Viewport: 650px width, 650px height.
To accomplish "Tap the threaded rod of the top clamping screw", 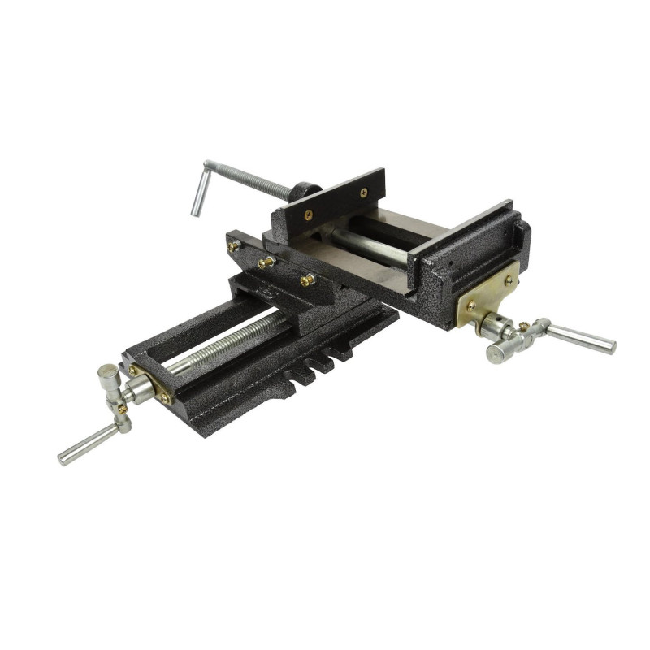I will [252, 180].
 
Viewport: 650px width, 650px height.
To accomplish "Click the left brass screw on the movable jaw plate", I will [308, 215].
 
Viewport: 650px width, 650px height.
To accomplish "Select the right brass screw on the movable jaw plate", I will [362, 193].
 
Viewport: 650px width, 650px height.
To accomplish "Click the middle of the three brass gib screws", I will [267, 262].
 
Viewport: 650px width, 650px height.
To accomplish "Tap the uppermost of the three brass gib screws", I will [234, 245].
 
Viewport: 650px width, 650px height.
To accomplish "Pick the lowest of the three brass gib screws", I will [307, 280].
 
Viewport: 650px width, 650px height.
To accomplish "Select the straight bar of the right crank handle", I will [580, 337].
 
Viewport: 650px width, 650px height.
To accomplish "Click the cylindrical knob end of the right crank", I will [498, 353].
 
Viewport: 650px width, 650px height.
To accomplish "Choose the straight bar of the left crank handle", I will [86, 444].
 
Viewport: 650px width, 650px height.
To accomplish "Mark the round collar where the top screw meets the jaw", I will [304, 192].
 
